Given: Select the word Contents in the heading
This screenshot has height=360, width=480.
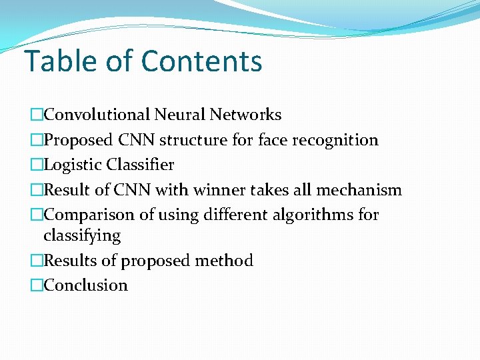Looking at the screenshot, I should coord(202,61).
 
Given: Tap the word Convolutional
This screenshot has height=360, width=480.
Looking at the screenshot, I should coord(97,115).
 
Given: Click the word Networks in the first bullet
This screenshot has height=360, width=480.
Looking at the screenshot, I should coord(245,115).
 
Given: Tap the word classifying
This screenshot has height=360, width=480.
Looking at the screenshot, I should coord(82,236).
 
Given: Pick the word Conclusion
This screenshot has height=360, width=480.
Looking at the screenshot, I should coord(85,285).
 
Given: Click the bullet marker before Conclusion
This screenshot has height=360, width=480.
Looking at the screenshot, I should coord(36,285).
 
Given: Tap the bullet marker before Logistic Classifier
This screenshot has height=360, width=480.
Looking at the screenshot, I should coord(36,165).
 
